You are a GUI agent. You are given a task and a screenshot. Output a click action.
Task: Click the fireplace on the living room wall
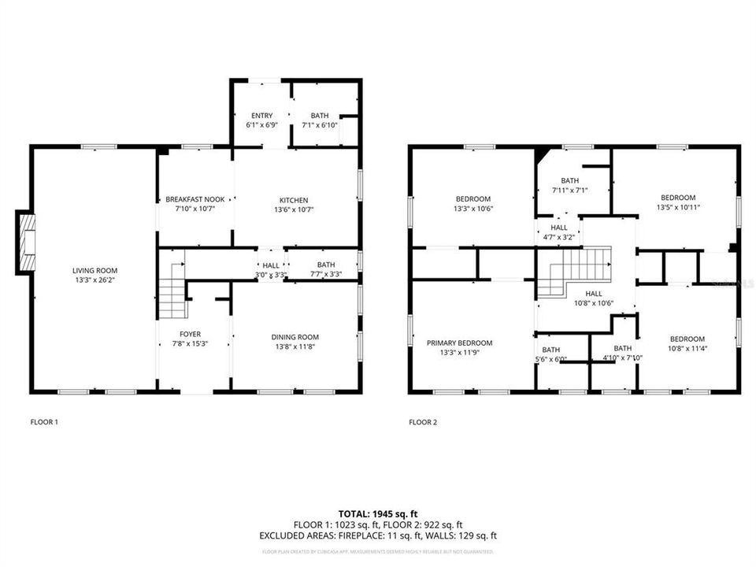pyautogui.click(x=26, y=242)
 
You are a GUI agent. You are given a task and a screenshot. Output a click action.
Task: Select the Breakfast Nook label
pyautogui.click(x=190, y=204)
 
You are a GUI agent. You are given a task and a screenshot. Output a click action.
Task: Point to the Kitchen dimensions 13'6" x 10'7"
pyautogui.click(x=294, y=209)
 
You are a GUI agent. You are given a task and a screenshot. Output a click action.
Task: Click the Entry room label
pyautogui.click(x=261, y=120)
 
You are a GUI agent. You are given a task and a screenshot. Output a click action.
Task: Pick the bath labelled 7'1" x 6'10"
pyautogui.click(x=319, y=120)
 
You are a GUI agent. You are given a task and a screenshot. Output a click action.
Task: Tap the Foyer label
pyautogui.click(x=190, y=339)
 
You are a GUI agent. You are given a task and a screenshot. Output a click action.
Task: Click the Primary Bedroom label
pyautogui.click(x=459, y=347)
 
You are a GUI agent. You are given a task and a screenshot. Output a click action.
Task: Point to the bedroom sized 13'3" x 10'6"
pyautogui.click(x=472, y=203)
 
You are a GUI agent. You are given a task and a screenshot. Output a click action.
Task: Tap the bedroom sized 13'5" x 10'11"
pyautogui.click(x=677, y=202)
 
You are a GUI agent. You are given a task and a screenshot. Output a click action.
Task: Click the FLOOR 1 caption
pyautogui.click(x=44, y=422)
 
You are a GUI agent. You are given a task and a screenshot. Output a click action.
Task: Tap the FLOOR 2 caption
pyautogui.click(x=423, y=422)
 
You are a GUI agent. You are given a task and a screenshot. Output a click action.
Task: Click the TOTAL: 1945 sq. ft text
pyautogui.click(x=378, y=513)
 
